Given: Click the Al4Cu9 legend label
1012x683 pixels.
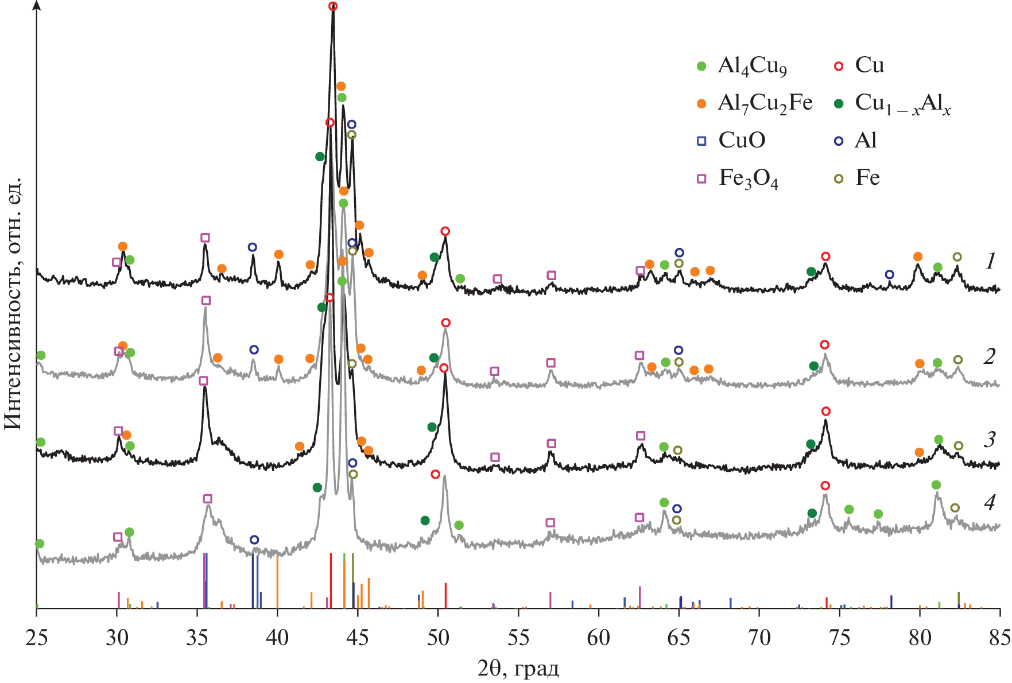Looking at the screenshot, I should tap(752, 66).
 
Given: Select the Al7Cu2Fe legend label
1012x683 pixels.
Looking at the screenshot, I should tap(765, 103).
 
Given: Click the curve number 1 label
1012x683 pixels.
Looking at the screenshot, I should tap(990, 262).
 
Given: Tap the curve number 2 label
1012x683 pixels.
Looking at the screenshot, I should tap(989, 356).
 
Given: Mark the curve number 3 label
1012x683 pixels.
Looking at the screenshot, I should tap(989, 440).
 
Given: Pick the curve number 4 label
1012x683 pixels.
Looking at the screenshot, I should tap(989, 503).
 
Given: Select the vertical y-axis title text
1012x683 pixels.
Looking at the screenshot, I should tap(13, 304).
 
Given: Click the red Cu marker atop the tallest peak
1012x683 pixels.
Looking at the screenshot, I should tap(333, 6).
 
